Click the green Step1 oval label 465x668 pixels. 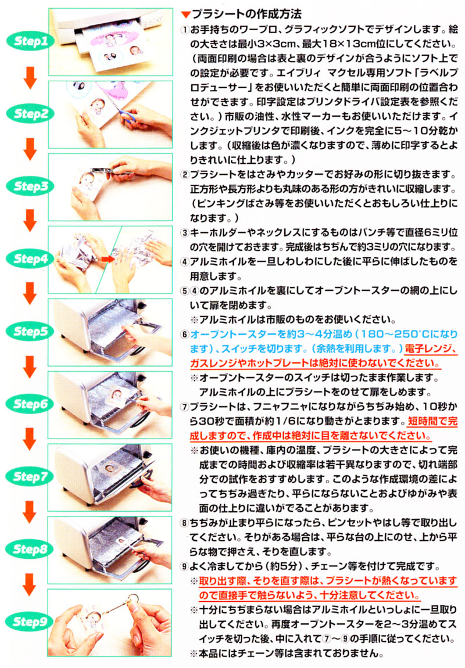click(x=30, y=41)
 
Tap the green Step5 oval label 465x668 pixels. click(x=30, y=331)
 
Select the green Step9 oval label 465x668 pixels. click(x=30, y=622)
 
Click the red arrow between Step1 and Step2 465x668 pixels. click(x=30, y=77)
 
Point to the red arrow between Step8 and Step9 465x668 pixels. click(x=30, y=584)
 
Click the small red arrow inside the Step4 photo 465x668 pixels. click(x=108, y=258)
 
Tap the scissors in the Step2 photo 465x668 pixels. click(x=130, y=115)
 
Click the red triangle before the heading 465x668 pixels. click(x=185, y=15)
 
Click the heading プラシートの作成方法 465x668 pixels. click(x=246, y=14)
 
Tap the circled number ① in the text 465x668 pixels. click(x=185, y=30)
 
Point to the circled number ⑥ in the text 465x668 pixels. click(x=185, y=335)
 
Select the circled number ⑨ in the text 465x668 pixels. click(x=185, y=566)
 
